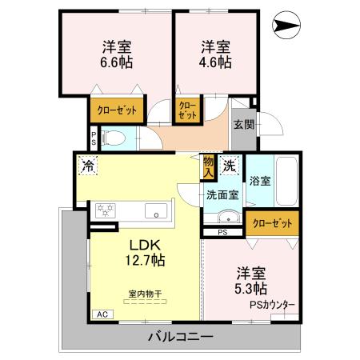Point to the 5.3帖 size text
[x=250, y=288]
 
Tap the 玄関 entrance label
[x=244, y=125]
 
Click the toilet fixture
[x=113, y=138]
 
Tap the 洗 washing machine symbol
[x=230, y=166]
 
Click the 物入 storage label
[x=209, y=166]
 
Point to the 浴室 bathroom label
[x=259, y=181]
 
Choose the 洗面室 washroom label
[x=222, y=194]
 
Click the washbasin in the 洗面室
[x=226, y=217]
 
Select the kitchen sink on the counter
[x=156, y=212]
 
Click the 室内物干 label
[x=145, y=294]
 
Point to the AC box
[x=102, y=314]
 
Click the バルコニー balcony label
[x=181, y=337]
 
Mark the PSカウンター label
[x=271, y=305]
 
